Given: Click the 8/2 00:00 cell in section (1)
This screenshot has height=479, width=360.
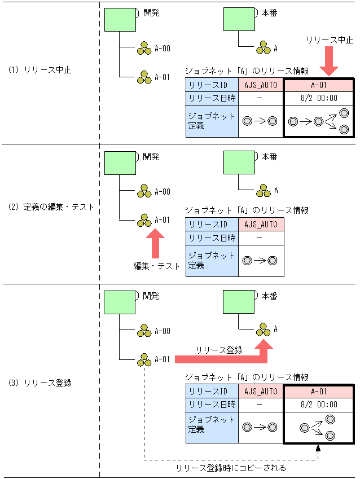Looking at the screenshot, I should tap(318, 98).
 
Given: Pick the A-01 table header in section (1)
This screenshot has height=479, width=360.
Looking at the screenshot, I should tap(318, 85).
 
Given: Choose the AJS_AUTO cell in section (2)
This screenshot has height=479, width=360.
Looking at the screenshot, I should tap(261, 225).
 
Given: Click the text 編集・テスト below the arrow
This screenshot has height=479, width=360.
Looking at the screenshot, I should tap(156, 266).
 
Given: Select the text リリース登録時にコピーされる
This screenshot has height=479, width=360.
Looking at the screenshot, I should tap(231, 468).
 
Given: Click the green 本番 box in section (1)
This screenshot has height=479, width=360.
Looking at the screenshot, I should tap(239, 19).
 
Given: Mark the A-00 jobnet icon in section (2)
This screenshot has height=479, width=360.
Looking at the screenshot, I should tap(144, 191).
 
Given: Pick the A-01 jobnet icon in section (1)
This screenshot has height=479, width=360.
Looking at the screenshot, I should tap(144, 78).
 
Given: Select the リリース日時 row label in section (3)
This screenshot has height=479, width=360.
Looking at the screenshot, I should tap(212, 405).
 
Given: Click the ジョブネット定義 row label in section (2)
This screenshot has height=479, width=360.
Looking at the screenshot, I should tap(212, 260).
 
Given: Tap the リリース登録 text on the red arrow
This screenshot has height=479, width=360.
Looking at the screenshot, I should tap(219, 350).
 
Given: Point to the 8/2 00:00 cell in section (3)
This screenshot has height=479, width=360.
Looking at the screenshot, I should tap(318, 405).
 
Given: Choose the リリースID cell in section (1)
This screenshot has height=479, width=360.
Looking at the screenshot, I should tap(212, 85).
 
